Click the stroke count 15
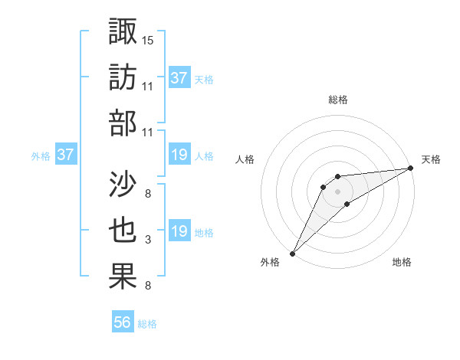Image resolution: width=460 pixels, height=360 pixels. pyautogui.click(x=148, y=40)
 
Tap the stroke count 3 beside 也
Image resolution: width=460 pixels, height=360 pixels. pyautogui.click(x=147, y=241)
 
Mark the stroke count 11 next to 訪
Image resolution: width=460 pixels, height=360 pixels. pyautogui.click(x=148, y=86)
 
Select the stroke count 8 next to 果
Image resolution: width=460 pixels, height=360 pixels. pyautogui.click(x=147, y=286)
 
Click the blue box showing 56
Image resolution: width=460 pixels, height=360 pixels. pyautogui.click(x=123, y=323)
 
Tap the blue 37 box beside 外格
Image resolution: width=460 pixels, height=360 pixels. pyautogui.click(x=66, y=155)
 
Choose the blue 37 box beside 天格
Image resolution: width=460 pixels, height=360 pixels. pyautogui.click(x=179, y=78)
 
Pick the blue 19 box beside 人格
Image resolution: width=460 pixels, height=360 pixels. pyautogui.click(x=179, y=155)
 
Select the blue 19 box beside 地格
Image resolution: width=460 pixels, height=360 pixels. pyautogui.click(x=179, y=232)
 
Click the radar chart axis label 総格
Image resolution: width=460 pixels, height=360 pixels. pyautogui.click(x=337, y=100)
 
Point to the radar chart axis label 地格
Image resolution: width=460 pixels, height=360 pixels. pyautogui.click(x=402, y=263)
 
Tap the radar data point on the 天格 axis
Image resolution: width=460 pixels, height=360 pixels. pyautogui.click(x=411, y=169)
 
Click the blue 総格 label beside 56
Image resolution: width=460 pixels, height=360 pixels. pyautogui.click(x=147, y=324)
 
